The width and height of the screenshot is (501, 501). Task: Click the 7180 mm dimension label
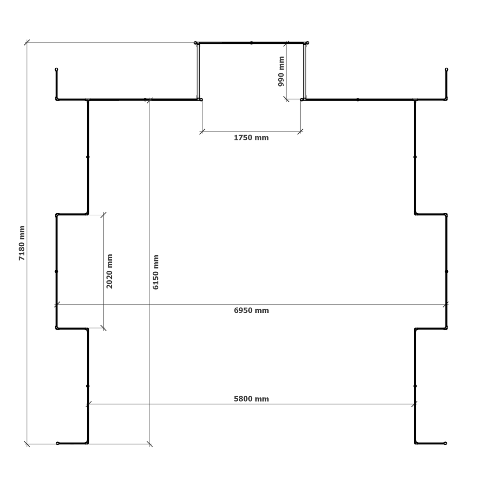[x=22, y=243]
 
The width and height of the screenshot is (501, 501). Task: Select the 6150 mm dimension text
[x=156, y=272]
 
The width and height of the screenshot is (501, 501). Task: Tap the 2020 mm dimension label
[x=110, y=271]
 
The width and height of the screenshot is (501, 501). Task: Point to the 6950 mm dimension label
[x=251, y=310]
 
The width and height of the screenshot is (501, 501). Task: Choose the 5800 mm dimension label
[x=251, y=399]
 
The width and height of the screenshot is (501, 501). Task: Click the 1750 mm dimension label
[x=251, y=138]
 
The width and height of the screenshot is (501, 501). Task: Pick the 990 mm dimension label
[x=281, y=71]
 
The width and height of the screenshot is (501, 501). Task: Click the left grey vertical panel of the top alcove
[x=198, y=71]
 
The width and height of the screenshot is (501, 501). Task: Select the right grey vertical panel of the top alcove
[x=304, y=71]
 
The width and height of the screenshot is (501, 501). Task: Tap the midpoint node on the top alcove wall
[x=252, y=43]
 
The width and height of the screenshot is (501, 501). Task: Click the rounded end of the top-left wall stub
[x=56, y=70]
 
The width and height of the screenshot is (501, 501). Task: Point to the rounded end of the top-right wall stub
[x=446, y=70]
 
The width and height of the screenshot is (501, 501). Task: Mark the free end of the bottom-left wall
[x=57, y=443]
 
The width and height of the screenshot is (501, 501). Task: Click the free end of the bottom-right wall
[x=445, y=443]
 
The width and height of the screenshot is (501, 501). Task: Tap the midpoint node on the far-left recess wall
[x=56, y=271]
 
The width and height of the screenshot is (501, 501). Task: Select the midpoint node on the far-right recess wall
[x=446, y=271]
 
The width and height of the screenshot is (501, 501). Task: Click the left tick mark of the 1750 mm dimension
[x=202, y=132]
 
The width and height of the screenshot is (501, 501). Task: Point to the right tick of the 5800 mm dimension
[x=414, y=404]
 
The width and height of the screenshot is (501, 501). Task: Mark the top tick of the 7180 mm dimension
[x=27, y=42]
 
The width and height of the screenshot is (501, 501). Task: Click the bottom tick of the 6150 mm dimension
[x=150, y=444]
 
